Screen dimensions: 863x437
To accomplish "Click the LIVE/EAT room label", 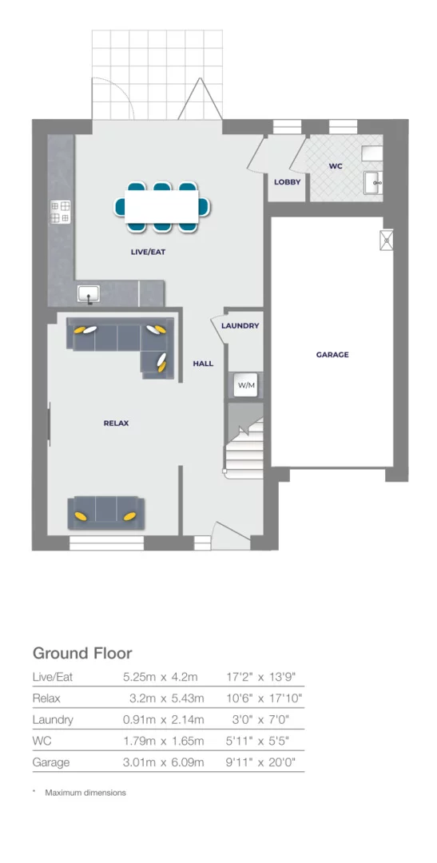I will click(148, 252).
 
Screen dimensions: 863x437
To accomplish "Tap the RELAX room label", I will click(116, 424).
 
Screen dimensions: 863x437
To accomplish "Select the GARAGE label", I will click(332, 355).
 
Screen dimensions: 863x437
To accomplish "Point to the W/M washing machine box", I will click(246, 386).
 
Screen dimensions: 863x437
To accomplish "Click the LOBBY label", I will click(287, 182).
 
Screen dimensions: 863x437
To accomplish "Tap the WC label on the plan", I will click(336, 167).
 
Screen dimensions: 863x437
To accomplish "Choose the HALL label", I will click(203, 364).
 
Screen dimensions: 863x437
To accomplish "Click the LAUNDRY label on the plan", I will click(240, 326).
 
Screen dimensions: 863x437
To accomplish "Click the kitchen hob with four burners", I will click(61, 212).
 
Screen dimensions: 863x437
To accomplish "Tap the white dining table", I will click(163, 207).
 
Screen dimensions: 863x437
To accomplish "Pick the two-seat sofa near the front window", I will click(106, 512).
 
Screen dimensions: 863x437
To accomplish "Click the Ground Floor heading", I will click(81, 653).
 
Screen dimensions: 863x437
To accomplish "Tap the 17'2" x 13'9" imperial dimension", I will click(262, 676).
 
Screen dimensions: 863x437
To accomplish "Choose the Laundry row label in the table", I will click(53, 719).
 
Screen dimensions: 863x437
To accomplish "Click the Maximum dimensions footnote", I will click(85, 793).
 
